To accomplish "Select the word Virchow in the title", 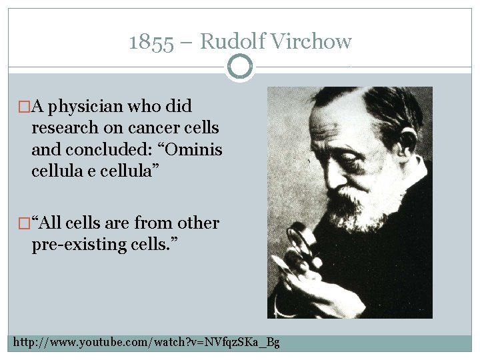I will tap(309, 42).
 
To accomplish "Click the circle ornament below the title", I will tap(240, 67).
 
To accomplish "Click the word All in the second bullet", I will tap(57, 223).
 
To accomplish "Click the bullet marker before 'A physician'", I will tap(24, 107).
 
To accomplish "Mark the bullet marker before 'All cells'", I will tap(24, 223).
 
